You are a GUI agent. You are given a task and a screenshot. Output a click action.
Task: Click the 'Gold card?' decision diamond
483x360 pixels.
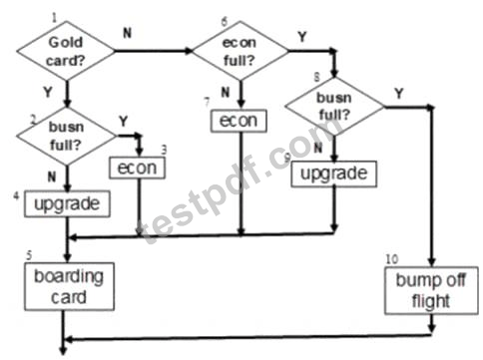pos(66,51)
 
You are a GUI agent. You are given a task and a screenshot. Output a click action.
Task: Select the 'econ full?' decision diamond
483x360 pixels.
pos(241,51)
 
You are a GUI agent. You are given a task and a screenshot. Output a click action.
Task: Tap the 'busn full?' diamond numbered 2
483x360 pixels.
pos(67,136)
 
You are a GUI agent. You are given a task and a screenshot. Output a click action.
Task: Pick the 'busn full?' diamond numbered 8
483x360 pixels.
pos(334,107)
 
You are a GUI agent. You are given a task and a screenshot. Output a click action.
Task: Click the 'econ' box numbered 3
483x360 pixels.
pos(137,168)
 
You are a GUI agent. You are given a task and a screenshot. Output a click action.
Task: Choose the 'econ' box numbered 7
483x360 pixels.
pos(239,121)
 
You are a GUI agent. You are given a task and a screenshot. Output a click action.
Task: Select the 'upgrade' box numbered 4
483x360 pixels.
pos(67,203)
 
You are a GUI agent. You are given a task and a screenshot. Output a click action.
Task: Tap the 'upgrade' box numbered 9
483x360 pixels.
pos(333,174)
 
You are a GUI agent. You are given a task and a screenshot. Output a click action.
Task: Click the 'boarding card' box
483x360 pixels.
pos(69,286)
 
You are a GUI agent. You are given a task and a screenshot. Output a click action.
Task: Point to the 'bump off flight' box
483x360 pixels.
pos(431,290)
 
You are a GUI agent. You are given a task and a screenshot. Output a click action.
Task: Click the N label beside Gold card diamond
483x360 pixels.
pos(128,33)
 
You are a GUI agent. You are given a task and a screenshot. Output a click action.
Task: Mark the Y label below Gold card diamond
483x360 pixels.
pos(48,92)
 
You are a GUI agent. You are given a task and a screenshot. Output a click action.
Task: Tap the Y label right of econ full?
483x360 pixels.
pos(302,37)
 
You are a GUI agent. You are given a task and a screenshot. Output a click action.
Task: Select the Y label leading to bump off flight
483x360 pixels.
pos(399,94)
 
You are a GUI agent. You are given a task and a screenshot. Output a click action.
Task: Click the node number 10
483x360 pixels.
pos(392,259)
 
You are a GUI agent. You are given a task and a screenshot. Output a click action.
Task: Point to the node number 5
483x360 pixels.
pos(29,255)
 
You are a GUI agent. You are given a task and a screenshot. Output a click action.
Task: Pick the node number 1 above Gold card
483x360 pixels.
pos(54,18)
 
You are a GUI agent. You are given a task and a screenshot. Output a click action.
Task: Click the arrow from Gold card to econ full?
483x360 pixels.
pos(154,51)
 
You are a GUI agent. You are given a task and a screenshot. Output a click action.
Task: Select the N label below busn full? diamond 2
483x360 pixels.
pos(52,177)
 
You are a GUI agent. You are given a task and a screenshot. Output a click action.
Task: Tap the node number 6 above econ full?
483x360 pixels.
pos(225,21)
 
